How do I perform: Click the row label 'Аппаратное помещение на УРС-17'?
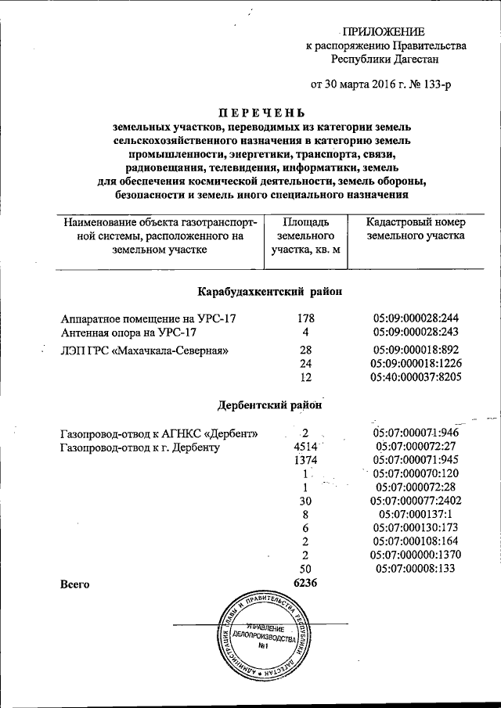(148, 319)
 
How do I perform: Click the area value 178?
(305, 319)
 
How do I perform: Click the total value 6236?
(304, 584)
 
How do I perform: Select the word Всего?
(75, 584)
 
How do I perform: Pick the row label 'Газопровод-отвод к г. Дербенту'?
(140, 448)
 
